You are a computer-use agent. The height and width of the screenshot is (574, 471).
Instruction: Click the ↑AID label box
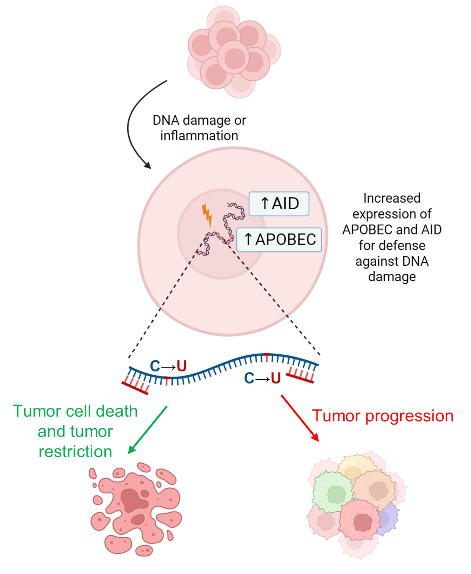pyautogui.click(x=279, y=204)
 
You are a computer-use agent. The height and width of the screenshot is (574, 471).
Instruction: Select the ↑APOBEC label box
pyautogui.click(x=279, y=240)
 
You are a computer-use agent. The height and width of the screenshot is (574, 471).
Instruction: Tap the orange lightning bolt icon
pyautogui.click(x=207, y=216)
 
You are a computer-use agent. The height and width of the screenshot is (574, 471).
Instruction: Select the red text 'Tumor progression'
pyautogui.click(x=383, y=416)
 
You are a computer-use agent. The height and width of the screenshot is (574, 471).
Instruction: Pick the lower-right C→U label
pyautogui.click(x=262, y=378)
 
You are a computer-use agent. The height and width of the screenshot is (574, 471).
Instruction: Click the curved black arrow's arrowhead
pyautogui.click(x=148, y=165)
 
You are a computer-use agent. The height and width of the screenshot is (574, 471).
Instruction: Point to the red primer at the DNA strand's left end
pyautogui.click(x=135, y=388)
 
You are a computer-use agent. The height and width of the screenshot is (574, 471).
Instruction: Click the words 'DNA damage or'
pyautogui.click(x=199, y=121)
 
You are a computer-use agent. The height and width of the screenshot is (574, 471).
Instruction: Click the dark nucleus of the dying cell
pyautogui.click(x=133, y=499)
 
